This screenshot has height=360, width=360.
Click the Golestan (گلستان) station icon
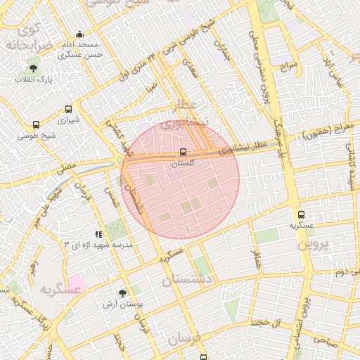[184, 152]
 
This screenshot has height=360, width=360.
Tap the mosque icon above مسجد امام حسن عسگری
[79, 34]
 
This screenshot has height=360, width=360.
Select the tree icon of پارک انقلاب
[33, 68]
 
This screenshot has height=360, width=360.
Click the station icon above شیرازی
[68, 110]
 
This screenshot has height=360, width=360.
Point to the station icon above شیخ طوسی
[36, 125]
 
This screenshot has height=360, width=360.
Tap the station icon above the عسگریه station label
[301, 214]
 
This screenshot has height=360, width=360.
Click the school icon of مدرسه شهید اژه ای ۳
[98, 233]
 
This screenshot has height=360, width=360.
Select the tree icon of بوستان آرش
[123, 293]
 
